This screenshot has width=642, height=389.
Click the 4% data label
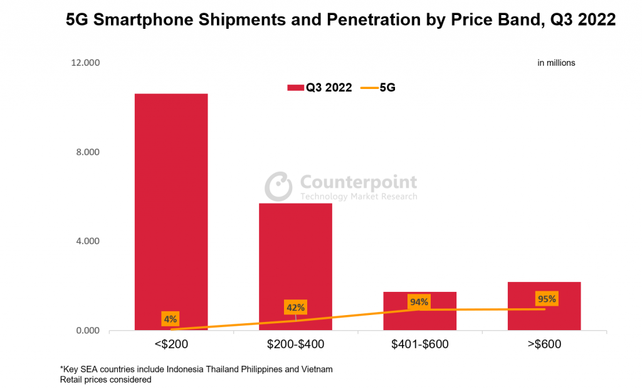click(171, 319)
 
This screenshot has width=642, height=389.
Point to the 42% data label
click(295, 308)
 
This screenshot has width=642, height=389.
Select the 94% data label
click(419, 302)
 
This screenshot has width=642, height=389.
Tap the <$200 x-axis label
click(171, 344)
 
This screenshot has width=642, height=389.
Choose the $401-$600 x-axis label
click(419, 344)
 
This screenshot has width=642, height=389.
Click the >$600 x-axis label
click(544, 344)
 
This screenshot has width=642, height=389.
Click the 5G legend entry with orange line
click(379, 88)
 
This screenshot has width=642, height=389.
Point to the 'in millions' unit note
click(556, 63)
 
